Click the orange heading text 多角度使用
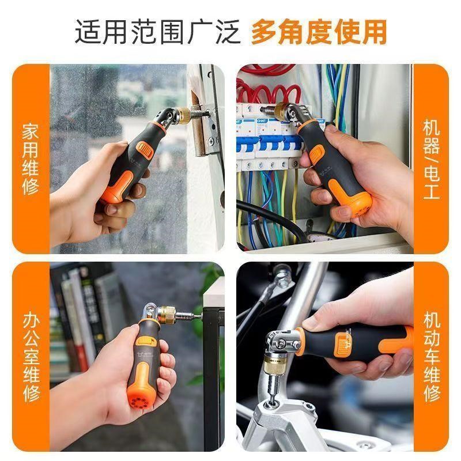(318, 33)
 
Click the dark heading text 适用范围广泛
(157, 33)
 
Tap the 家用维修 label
(30, 158)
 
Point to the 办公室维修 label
(30, 357)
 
